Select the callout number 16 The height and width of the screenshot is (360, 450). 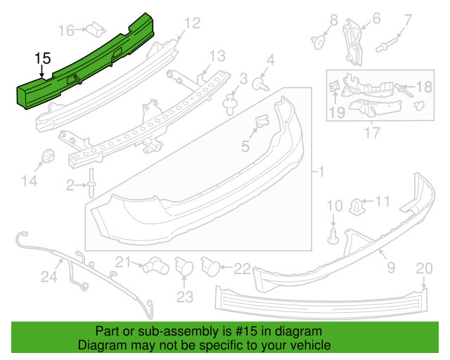(x=67, y=30)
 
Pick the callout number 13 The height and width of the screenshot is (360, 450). (x=217, y=56)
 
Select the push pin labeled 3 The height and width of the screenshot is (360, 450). (x=229, y=105)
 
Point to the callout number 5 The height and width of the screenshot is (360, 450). (x=245, y=146)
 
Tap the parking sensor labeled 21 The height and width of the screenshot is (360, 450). (x=153, y=265)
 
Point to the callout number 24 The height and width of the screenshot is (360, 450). (x=49, y=277)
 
